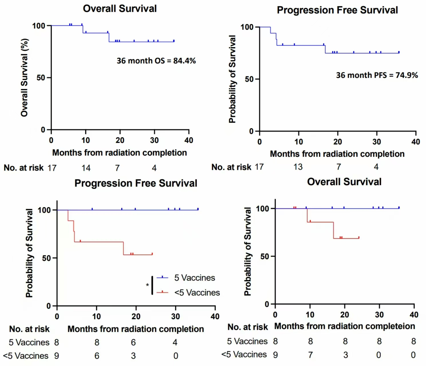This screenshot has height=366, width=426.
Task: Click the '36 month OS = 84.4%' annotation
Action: tap(156, 61)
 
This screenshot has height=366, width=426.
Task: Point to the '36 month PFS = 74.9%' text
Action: tap(377, 75)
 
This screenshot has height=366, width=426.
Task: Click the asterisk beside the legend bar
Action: tap(147, 285)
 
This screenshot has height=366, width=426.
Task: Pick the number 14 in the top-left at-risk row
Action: tap(86, 168)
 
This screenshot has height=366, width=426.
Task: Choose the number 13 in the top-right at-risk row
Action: tap(298, 167)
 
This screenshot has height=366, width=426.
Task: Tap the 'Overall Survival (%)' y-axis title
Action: tap(24, 77)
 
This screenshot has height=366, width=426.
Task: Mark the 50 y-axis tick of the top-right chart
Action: tap(249, 79)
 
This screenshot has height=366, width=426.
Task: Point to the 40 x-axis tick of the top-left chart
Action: tap(189, 140)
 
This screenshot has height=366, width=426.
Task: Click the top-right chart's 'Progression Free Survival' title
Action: tap(337, 10)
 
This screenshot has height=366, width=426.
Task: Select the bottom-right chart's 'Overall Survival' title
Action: tap(344, 182)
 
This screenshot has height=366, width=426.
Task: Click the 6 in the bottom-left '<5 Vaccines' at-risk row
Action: tap(97, 356)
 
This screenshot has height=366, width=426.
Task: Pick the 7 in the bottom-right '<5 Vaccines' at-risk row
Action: tap(310, 355)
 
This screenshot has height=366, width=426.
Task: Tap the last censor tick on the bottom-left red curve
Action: tap(152, 254)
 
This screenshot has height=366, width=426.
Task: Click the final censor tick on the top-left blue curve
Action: tap(174, 41)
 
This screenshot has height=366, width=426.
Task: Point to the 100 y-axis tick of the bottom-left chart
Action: tap(44, 210)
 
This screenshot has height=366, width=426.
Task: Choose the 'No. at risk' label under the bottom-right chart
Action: tap(248, 327)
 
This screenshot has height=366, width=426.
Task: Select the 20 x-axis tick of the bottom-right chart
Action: tap(344, 315)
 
